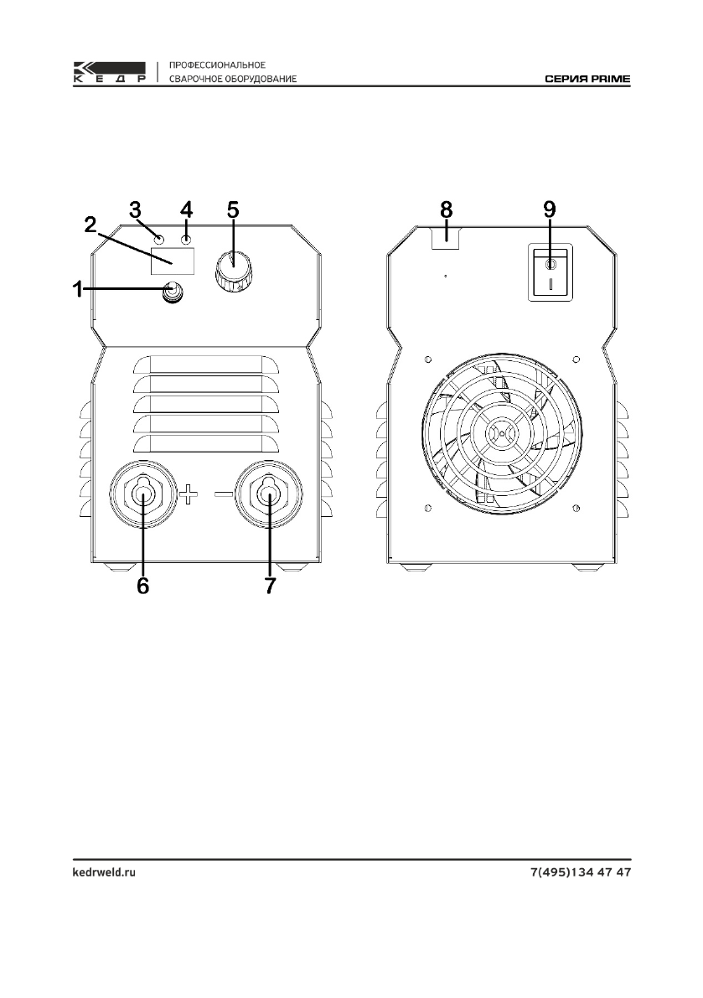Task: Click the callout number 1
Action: point(77,290)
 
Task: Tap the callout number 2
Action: point(90,224)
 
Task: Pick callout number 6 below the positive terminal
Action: point(143,586)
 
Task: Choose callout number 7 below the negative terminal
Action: point(271,586)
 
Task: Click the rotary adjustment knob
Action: point(233,271)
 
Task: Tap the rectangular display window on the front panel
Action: point(172,261)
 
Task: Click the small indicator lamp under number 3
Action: point(159,240)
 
